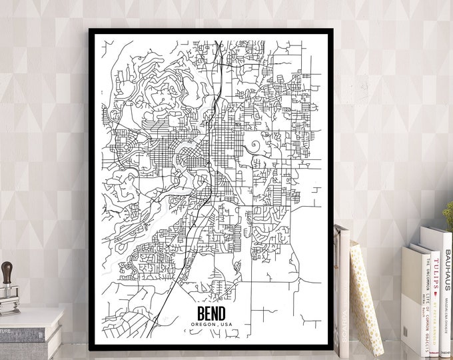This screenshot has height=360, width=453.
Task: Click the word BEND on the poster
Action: [211, 313]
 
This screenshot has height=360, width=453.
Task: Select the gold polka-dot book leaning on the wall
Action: [365, 293]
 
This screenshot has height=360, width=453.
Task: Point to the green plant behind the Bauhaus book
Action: [448, 217]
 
